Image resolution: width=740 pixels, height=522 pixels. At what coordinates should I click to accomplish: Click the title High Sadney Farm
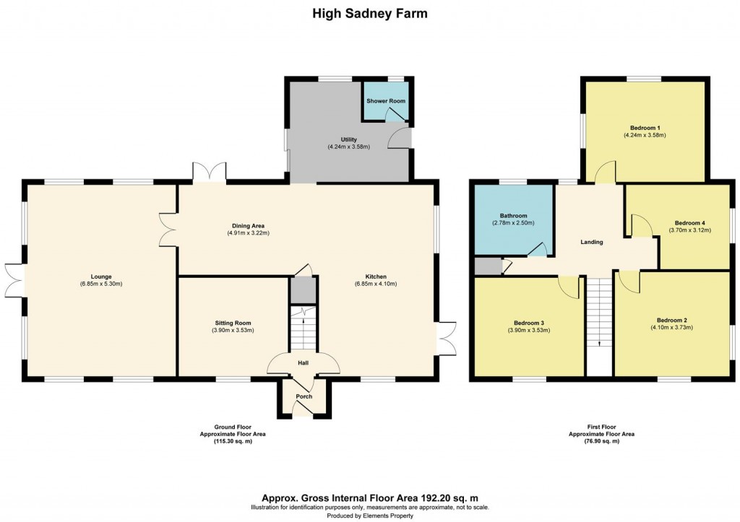(x=369, y=13)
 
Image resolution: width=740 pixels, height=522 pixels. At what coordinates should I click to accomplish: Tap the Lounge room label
(x=101, y=275)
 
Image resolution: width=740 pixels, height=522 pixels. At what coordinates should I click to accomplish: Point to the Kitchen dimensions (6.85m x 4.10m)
(x=375, y=284)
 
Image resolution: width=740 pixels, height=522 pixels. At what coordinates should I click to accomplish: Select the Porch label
(x=304, y=396)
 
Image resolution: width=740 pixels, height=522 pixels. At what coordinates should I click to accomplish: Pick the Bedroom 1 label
(x=644, y=127)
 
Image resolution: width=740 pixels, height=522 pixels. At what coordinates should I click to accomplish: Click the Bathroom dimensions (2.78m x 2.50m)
(x=513, y=224)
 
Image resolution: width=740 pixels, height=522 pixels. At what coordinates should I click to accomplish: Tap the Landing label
(x=592, y=242)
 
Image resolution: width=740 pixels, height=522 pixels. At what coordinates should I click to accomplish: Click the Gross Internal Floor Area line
(x=369, y=497)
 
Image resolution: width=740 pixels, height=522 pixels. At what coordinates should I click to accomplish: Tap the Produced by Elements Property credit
(x=369, y=516)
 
